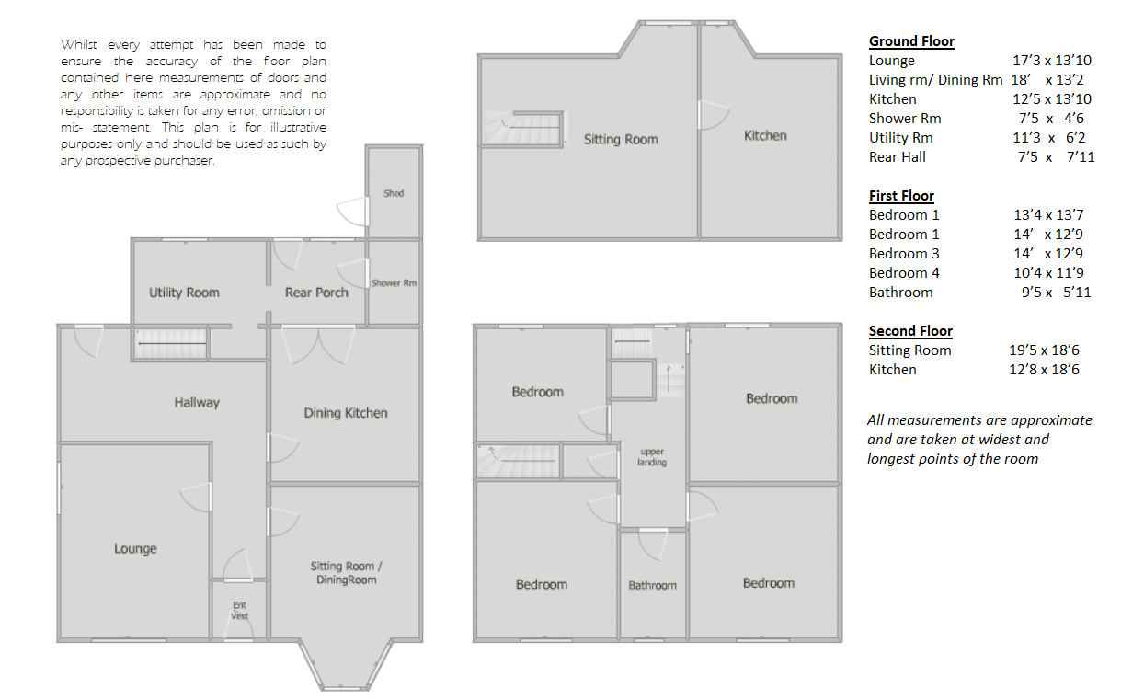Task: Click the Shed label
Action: (x=394, y=193)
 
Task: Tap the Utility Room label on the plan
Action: (x=184, y=293)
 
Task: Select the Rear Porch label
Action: (x=316, y=293)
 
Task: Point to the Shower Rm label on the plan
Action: (x=394, y=283)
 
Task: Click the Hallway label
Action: (x=197, y=402)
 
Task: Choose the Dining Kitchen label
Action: (x=346, y=413)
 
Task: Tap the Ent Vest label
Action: (x=239, y=611)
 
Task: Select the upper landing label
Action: (x=652, y=457)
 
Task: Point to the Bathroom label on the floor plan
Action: (x=652, y=585)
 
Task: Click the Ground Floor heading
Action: (x=911, y=41)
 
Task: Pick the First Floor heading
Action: (x=901, y=196)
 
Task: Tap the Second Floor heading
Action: (x=910, y=331)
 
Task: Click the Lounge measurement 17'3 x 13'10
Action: (x=1051, y=61)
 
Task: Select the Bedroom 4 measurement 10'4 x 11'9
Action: (x=1049, y=273)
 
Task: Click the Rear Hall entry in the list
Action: (x=898, y=157)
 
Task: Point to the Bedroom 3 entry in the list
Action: (x=904, y=254)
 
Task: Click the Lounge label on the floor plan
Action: (x=135, y=548)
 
